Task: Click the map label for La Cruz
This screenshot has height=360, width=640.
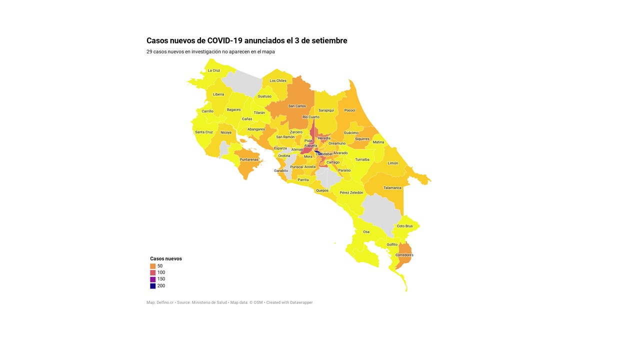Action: (214, 70)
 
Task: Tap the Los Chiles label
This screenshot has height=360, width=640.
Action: (278, 80)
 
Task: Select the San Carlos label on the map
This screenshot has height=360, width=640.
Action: (297, 106)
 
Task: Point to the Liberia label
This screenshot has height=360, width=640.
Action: (218, 94)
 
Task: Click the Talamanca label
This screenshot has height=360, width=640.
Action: (392, 188)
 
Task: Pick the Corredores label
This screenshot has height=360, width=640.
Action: (404, 255)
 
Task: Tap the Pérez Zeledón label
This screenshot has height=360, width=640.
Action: (351, 192)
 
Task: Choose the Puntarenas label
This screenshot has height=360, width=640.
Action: (249, 159)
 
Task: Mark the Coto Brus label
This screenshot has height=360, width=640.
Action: (404, 226)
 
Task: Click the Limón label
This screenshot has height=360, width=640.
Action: (393, 163)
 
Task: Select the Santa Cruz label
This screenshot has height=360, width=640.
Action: (204, 132)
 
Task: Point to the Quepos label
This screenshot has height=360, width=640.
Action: (322, 190)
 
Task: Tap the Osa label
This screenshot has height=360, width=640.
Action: (366, 232)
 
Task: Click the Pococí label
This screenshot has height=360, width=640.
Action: (349, 110)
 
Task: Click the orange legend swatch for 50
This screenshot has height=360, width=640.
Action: (153, 266)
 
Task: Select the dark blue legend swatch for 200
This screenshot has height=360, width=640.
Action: (153, 286)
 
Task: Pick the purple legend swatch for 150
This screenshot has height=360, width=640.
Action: (153, 279)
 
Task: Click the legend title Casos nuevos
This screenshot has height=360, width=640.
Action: (166, 258)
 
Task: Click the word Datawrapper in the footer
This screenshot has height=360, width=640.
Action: (301, 302)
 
